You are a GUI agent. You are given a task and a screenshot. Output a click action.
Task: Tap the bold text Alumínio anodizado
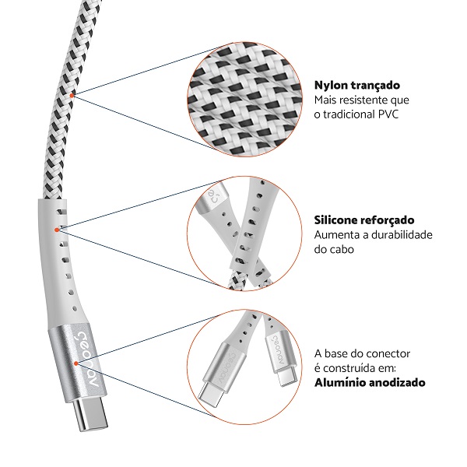point(370,383)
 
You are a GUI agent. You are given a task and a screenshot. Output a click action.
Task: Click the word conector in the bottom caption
point(389,353)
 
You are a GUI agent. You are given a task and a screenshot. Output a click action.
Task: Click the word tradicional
point(354,116)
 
